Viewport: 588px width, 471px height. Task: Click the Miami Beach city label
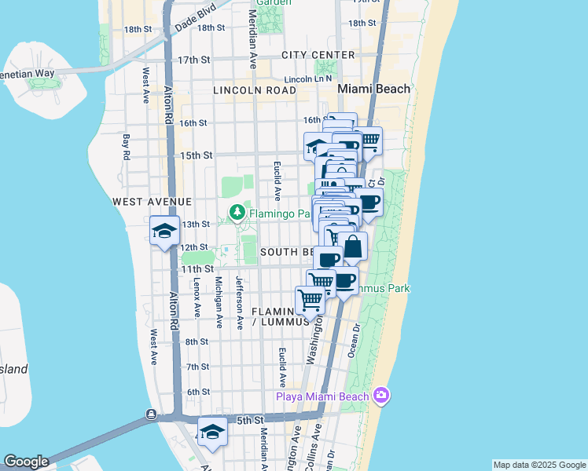(373, 89)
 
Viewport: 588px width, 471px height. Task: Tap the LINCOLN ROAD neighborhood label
(254, 90)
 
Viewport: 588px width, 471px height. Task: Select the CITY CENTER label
(318, 55)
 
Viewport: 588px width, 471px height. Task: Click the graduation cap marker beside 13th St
(165, 231)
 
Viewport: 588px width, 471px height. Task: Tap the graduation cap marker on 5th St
(212, 432)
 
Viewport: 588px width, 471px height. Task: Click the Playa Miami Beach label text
(322, 396)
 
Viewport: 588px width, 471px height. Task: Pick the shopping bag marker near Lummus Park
(353, 246)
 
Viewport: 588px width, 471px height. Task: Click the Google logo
(25, 462)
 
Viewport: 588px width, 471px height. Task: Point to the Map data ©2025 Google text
(539, 465)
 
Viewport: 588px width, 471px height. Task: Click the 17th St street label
(193, 60)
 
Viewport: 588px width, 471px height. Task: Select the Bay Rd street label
(126, 148)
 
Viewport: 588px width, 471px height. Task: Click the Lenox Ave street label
(197, 297)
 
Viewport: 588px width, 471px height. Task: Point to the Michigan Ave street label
(219, 296)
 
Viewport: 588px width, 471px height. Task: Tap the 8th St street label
(197, 341)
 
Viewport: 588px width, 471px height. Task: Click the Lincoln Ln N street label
(308, 79)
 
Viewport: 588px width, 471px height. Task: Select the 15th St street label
(197, 155)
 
